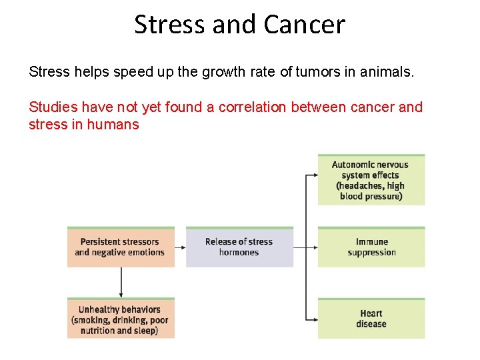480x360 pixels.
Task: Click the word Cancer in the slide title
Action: pyautogui.click(x=304, y=25)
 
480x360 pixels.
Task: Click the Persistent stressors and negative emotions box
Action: pyautogui.click(x=121, y=247)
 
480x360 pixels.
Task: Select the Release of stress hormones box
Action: pyautogui.click(x=239, y=247)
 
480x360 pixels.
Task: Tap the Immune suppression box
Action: pyautogui.click(x=371, y=247)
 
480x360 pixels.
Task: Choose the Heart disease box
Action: pyautogui.click(x=371, y=319)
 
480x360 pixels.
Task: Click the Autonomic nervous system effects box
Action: pyautogui.click(x=371, y=180)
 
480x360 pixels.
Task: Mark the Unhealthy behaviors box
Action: pyautogui.click(x=121, y=319)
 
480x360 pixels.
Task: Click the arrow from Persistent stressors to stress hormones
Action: pyautogui.click(x=180, y=247)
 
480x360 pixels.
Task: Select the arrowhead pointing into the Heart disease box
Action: pyautogui.click(x=314, y=319)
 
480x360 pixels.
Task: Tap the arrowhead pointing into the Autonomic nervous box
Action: pyautogui.click(x=314, y=176)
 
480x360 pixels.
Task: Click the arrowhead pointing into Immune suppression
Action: pyautogui.click(x=314, y=247)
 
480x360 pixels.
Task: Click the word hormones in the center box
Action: pyautogui.click(x=239, y=253)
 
